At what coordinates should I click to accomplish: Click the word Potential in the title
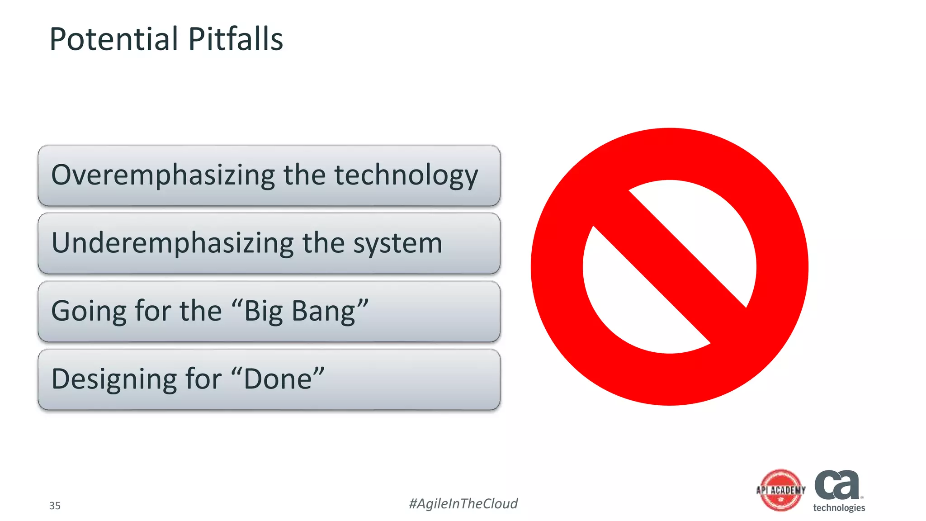[113, 39]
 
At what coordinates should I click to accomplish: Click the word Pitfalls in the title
[235, 39]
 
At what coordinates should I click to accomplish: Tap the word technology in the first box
[406, 175]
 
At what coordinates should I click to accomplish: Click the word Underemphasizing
[172, 243]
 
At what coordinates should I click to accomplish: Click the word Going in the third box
[89, 312]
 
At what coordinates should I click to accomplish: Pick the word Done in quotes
[278, 379]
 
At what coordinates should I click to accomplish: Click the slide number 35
[55, 506]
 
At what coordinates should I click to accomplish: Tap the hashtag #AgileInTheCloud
[463, 503]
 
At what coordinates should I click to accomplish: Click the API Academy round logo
[781, 490]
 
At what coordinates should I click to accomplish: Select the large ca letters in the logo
[837, 485]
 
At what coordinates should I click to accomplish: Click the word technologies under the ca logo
[839, 508]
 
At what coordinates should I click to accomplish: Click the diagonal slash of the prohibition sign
[669, 267]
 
